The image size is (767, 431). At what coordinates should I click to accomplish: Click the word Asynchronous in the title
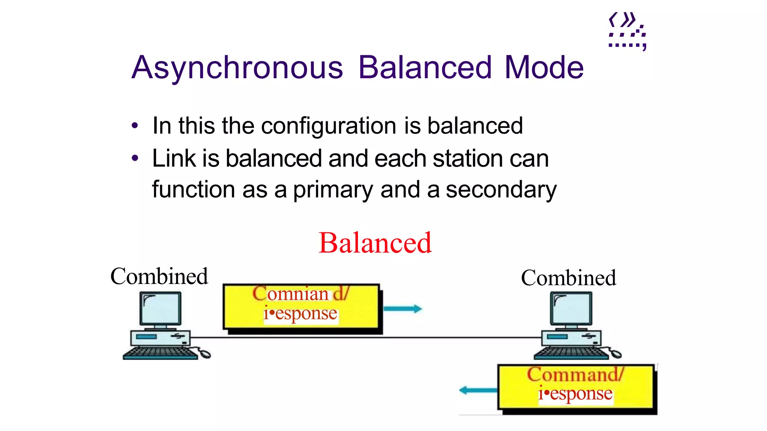coord(237,68)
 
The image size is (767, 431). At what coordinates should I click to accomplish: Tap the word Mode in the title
coord(544,68)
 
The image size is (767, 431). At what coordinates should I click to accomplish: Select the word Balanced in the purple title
coord(425,68)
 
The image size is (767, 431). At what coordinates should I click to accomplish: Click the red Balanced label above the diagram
coord(375,243)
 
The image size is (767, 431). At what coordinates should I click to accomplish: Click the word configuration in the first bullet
coord(329,126)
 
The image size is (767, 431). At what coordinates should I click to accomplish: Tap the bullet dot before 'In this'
coord(135,126)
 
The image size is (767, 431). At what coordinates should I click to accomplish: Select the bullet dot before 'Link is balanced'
coord(135,158)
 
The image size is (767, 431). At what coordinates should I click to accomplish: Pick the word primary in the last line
coord(333,190)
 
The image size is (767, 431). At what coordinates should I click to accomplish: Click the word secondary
coord(501,190)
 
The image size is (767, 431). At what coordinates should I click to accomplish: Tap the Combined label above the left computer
coord(159,276)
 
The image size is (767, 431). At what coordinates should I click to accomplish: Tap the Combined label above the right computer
coord(568,278)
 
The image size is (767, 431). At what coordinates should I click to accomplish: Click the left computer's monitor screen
coord(160,308)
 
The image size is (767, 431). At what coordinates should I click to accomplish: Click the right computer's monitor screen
coord(571,308)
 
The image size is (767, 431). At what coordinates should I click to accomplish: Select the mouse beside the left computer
coord(204,353)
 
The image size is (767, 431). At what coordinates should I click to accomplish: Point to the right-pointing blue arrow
coord(403,309)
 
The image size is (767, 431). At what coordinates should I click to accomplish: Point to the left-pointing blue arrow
coord(478,390)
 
